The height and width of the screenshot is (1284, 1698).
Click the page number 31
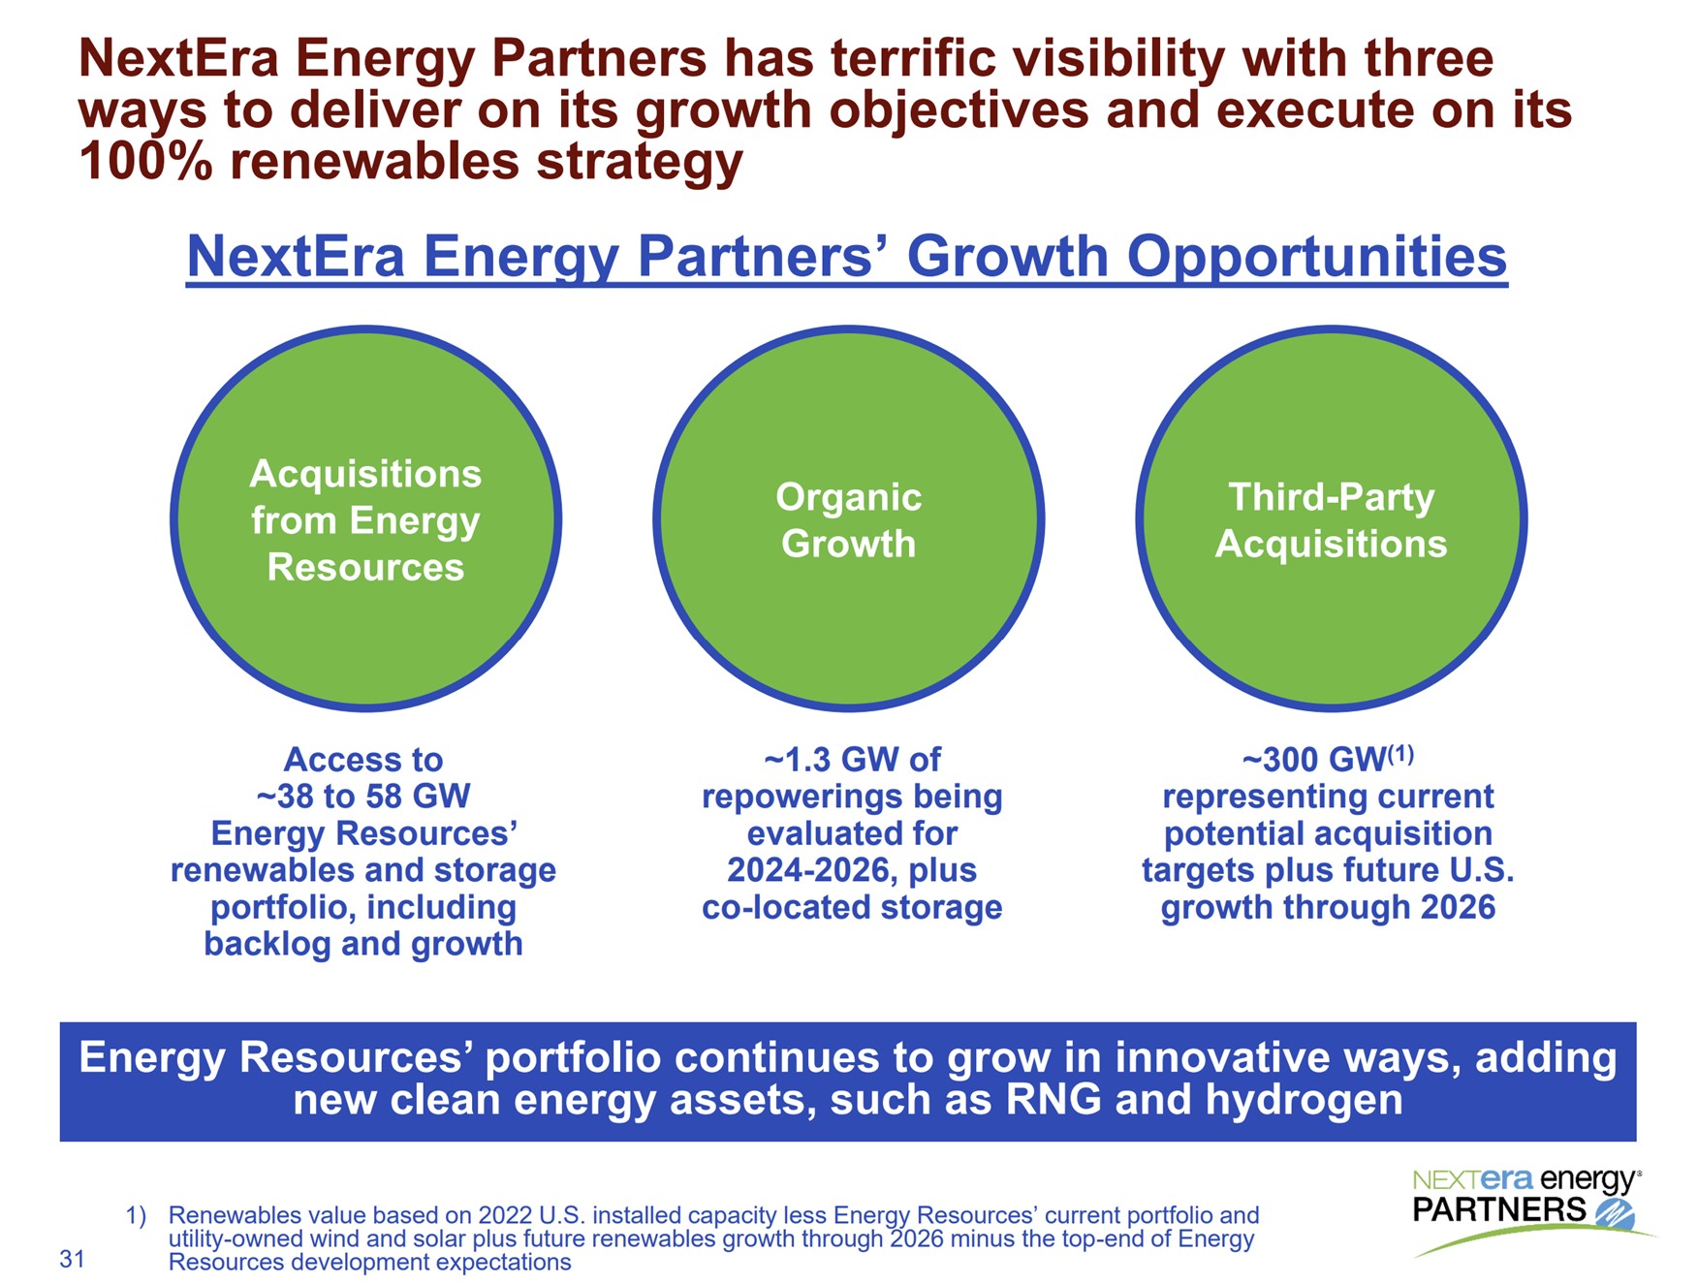coord(73,1259)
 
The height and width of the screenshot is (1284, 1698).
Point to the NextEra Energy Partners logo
coord(1526,1206)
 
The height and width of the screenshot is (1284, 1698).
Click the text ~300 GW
coord(1313,760)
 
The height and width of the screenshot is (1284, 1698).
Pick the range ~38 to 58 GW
coord(363,797)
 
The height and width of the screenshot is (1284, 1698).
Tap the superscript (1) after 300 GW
coord(1400,753)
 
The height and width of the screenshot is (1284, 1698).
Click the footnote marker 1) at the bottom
coord(136,1215)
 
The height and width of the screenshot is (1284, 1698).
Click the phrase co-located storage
coord(852,907)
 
